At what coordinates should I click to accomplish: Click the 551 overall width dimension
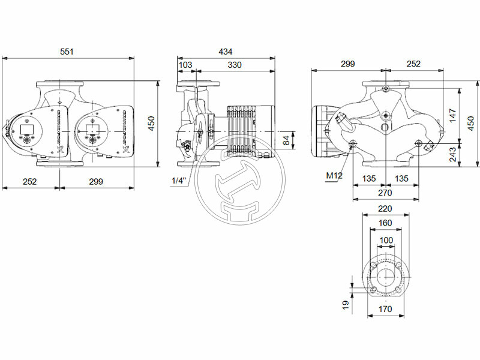click(x=67, y=52)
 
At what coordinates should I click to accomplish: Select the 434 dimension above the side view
click(x=225, y=52)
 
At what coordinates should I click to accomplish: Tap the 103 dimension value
click(x=186, y=64)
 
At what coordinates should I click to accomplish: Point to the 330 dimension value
click(x=235, y=64)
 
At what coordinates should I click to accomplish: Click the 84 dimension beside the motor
click(x=287, y=140)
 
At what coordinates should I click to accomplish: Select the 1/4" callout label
click(x=178, y=181)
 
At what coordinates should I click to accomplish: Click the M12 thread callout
click(x=334, y=176)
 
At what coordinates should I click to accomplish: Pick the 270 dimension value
click(x=385, y=193)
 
